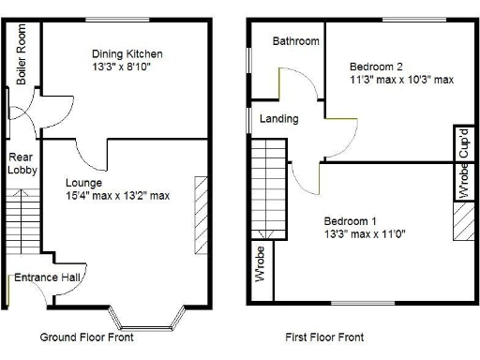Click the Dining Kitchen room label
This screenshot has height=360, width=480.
point(127,53)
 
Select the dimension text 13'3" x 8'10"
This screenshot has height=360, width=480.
point(122,67)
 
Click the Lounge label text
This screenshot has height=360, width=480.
point(84,182)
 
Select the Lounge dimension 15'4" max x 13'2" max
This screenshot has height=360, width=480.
point(117,196)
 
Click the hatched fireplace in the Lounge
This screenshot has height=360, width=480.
point(200,214)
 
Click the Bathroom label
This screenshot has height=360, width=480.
point(295,41)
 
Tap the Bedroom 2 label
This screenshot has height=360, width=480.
point(376,67)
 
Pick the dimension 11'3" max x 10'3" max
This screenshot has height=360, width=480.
point(401,80)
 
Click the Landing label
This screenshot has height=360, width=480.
point(279,119)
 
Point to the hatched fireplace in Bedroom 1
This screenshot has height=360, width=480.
point(461,224)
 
